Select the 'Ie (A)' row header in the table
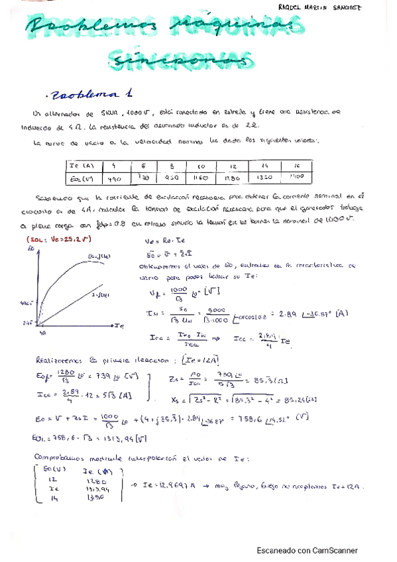point(81,165)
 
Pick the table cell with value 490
point(115,177)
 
